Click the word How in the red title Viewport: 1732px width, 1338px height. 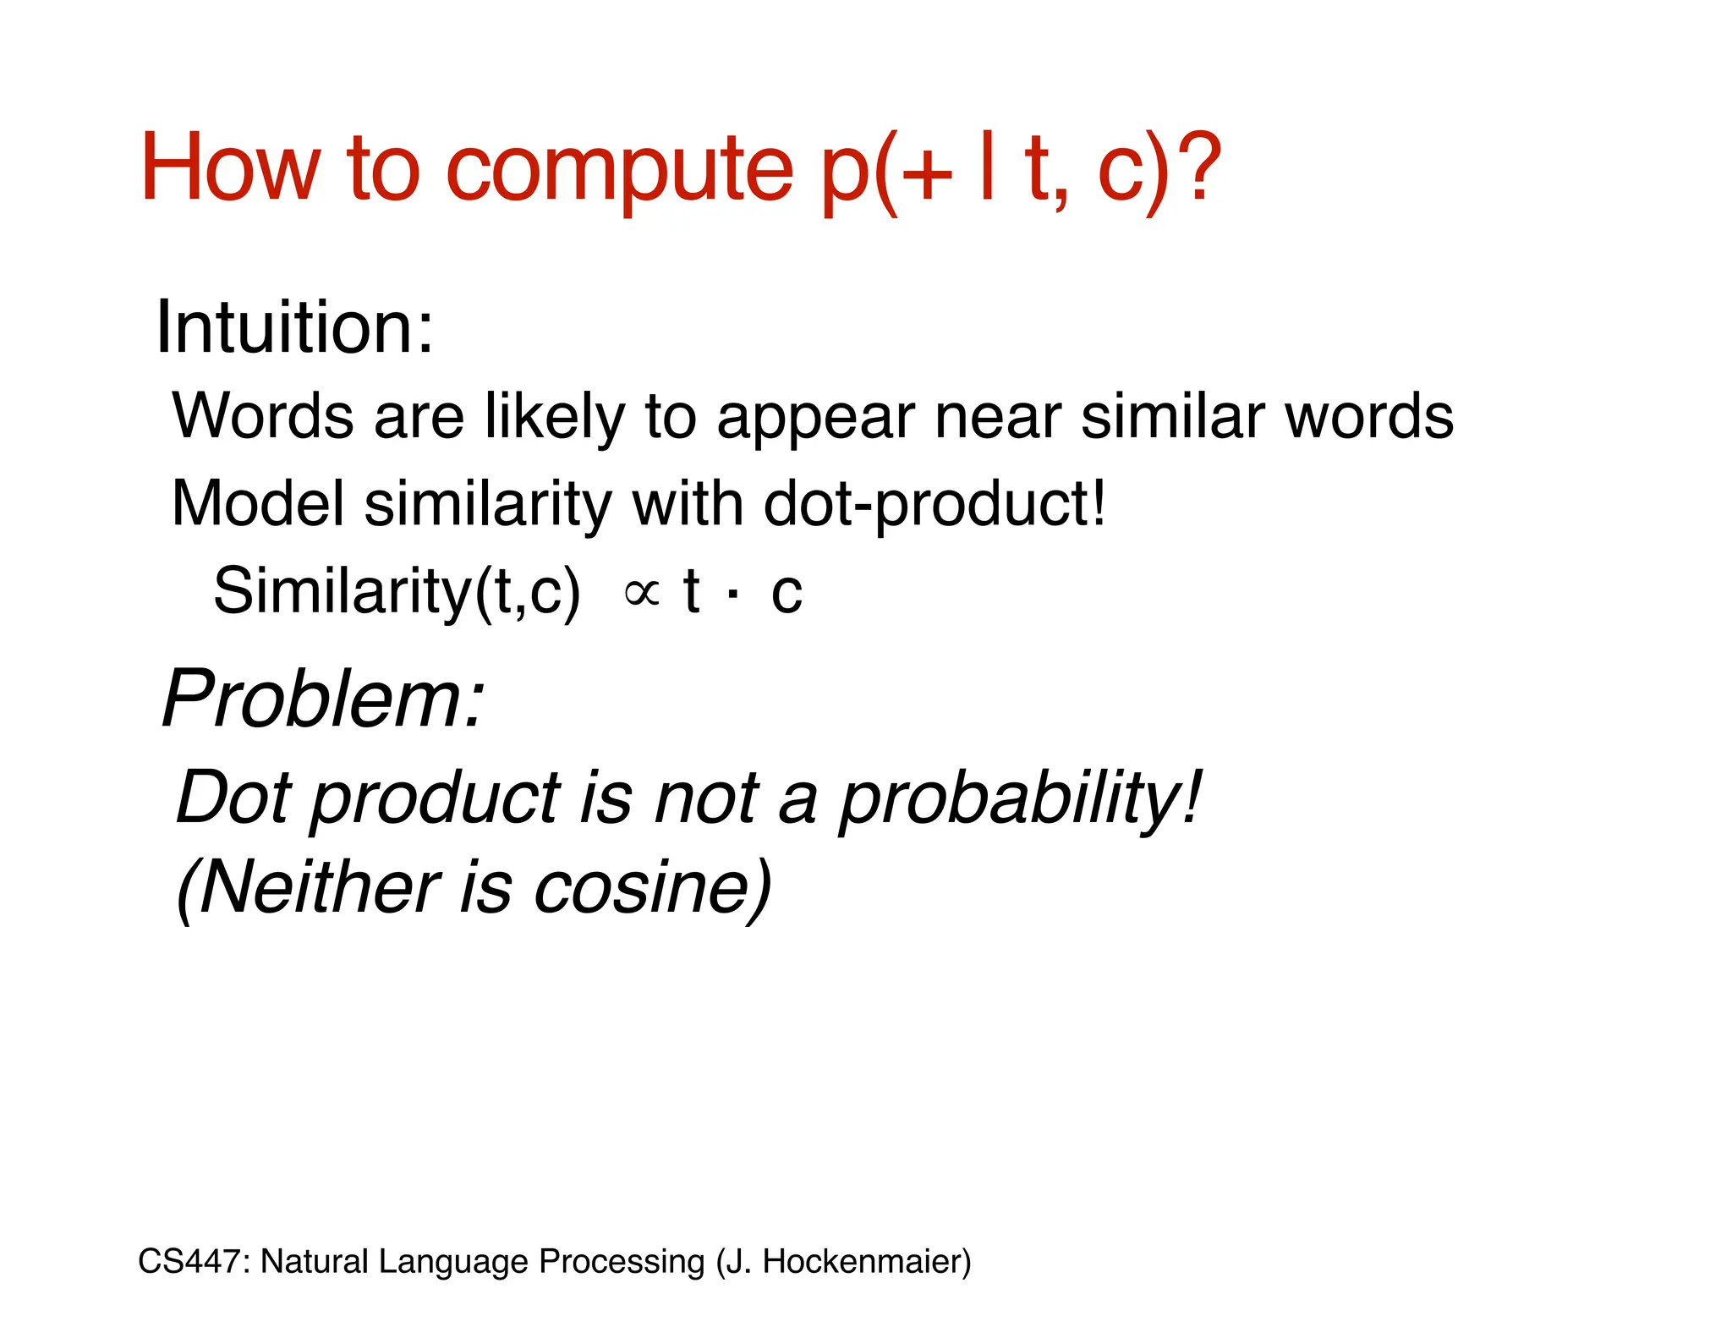229,169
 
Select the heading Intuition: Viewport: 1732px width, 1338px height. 294,327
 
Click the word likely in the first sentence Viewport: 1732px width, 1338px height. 555,417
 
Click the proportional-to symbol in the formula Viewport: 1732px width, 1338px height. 641,592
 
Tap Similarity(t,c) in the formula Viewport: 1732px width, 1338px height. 397,591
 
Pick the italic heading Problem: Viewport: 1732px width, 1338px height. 324,699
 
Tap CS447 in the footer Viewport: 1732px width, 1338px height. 193,1261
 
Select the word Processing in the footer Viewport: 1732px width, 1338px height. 622,1261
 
